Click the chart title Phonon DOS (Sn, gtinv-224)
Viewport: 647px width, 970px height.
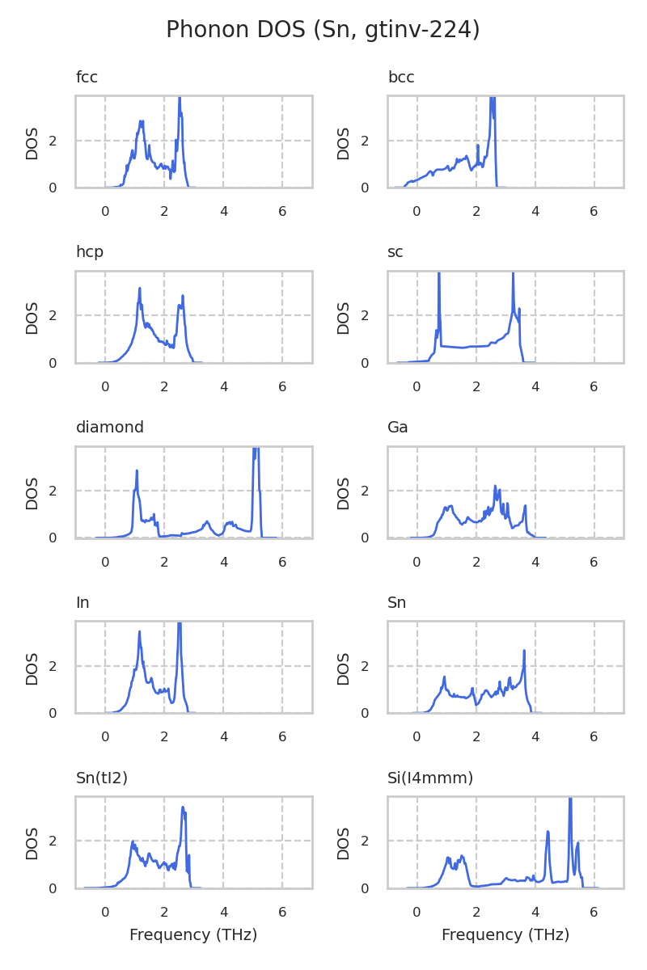(323, 30)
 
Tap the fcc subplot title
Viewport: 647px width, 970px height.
(87, 78)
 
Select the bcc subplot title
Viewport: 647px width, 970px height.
(401, 78)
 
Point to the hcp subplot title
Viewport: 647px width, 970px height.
(90, 252)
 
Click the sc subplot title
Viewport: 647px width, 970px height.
(395, 252)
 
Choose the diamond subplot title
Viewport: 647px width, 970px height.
(110, 428)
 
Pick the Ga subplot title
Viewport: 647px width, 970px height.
(398, 428)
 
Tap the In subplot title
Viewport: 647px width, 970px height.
(82, 603)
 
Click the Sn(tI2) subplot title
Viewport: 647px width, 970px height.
(102, 778)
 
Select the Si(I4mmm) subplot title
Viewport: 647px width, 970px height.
(430, 778)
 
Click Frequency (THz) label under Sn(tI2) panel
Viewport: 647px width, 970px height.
(193, 935)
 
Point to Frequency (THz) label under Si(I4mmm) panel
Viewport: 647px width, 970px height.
(505, 935)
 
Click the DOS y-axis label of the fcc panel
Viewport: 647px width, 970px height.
(32, 143)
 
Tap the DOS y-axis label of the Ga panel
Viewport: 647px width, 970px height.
(344, 493)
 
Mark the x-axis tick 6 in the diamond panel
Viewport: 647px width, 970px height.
(282, 563)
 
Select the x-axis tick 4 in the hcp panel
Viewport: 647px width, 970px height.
(223, 388)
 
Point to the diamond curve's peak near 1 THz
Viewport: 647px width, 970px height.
(137, 470)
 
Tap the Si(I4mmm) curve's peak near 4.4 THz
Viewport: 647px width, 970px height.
(548, 831)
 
